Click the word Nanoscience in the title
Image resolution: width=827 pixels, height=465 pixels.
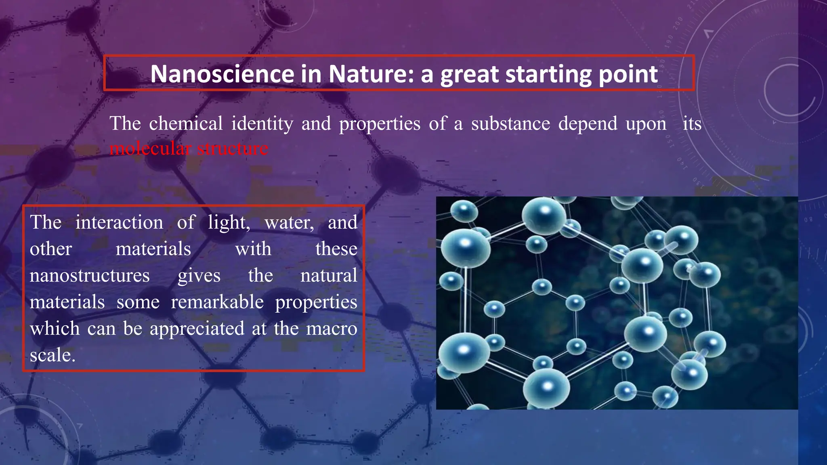click(222, 74)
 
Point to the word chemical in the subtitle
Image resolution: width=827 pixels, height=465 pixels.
click(186, 123)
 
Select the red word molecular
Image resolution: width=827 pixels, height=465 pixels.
click(150, 149)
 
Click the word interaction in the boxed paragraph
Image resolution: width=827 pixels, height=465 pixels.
click(119, 222)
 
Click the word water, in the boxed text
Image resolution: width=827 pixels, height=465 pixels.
click(290, 223)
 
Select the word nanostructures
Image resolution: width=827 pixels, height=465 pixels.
click(90, 276)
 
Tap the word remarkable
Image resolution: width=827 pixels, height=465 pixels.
click(217, 302)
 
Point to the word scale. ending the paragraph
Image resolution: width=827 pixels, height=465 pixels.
click(52, 355)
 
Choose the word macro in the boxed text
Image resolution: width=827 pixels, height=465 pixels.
click(332, 329)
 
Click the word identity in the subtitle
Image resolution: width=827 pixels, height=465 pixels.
click(262, 123)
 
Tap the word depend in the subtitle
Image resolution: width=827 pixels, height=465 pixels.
click(588, 124)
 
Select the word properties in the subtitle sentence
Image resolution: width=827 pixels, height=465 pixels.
click(380, 124)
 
